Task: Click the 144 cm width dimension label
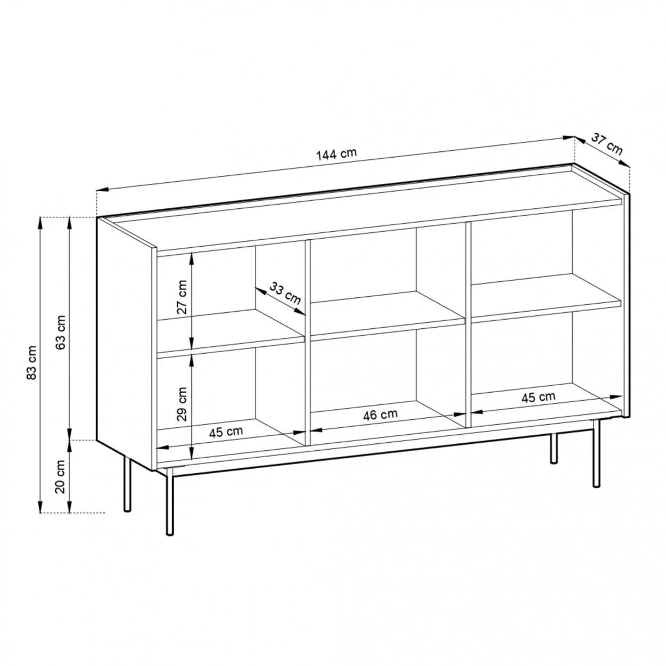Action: [336, 155]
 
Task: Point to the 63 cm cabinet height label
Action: [61, 332]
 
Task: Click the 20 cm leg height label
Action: [61, 477]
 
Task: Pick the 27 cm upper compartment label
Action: [182, 297]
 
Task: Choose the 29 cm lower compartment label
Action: [182, 404]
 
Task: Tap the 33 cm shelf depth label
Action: [285, 294]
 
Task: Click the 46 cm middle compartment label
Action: [380, 414]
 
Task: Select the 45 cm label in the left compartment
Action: [226, 432]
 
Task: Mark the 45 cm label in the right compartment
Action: [538, 397]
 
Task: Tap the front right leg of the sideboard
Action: [597, 453]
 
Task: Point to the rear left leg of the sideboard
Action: [127, 484]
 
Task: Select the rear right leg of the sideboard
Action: [554, 448]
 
